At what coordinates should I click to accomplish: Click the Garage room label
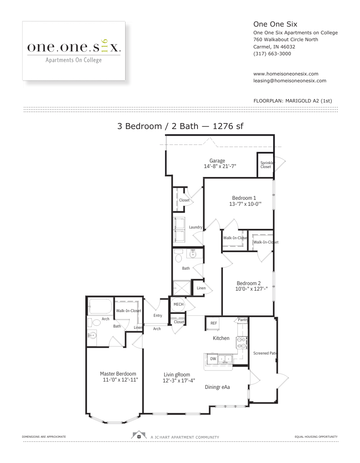pyautogui.click(x=217, y=161)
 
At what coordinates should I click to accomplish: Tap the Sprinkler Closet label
pyautogui.click(x=267, y=165)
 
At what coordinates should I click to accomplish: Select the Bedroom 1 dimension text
pyautogui.click(x=245, y=204)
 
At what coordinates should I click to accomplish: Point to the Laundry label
pyautogui.click(x=195, y=227)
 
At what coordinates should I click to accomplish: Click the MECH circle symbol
pyautogui.click(x=178, y=304)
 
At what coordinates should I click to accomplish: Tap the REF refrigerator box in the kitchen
pyautogui.click(x=213, y=323)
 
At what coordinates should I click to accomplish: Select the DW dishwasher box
pyautogui.click(x=213, y=359)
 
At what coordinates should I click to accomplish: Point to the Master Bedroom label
pyautogui.click(x=118, y=374)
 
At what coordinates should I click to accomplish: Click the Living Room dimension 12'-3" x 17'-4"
pyautogui.click(x=179, y=381)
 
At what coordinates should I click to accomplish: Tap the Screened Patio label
pyautogui.click(x=265, y=353)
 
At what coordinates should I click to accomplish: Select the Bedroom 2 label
pyautogui.click(x=249, y=283)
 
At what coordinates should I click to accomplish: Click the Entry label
pyautogui.click(x=158, y=316)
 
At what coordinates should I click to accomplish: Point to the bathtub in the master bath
pyautogui.click(x=100, y=307)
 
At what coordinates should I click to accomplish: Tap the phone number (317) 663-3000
pyautogui.click(x=272, y=54)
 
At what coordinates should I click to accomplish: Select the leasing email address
pyautogui.click(x=290, y=81)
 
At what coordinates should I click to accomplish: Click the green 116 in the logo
pyautogui.click(x=104, y=46)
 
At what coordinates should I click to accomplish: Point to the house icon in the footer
pyautogui.click(x=139, y=435)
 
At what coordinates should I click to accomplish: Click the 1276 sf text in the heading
pyautogui.click(x=228, y=126)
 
